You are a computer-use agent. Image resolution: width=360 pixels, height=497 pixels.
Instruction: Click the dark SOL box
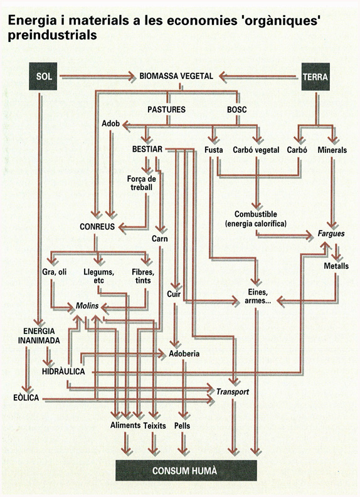click(x=43, y=76)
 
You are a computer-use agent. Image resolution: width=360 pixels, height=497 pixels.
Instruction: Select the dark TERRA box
click(x=315, y=76)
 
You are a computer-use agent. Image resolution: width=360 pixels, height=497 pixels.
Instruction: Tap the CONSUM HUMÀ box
click(x=186, y=471)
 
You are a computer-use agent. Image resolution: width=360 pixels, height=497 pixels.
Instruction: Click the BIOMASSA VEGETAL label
click(x=176, y=76)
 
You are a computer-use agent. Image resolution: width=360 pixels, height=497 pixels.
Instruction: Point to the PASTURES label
click(x=167, y=110)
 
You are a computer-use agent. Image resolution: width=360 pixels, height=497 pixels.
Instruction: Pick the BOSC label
click(x=236, y=110)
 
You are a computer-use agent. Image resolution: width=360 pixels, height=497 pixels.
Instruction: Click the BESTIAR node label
click(x=147, y=149)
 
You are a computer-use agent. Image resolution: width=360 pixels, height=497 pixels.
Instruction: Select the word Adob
click(x=110, y=123)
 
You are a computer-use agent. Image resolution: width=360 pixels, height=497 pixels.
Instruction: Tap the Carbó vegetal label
click(x=256, y=150)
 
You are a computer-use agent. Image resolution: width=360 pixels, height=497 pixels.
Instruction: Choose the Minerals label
click(x=332, y=150)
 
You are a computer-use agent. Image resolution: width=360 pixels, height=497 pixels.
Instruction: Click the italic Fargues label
click(x=331, y=234)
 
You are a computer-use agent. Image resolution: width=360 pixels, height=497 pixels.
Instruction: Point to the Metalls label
click(x=336, y=266)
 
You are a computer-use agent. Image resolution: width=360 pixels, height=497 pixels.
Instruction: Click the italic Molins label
click(x=87, y=306)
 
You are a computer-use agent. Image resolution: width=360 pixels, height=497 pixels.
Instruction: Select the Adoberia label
click(x=184, y=353)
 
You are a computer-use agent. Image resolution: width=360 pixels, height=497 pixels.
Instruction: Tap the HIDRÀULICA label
click(x=63, y=372)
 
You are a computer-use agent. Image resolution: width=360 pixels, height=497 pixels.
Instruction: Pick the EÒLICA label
click(x=26, y=398)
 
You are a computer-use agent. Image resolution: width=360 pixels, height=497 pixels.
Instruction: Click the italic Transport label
click(x=233, y=392)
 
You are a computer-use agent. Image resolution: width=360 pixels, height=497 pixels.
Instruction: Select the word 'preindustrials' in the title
click(x=52, y=35)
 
